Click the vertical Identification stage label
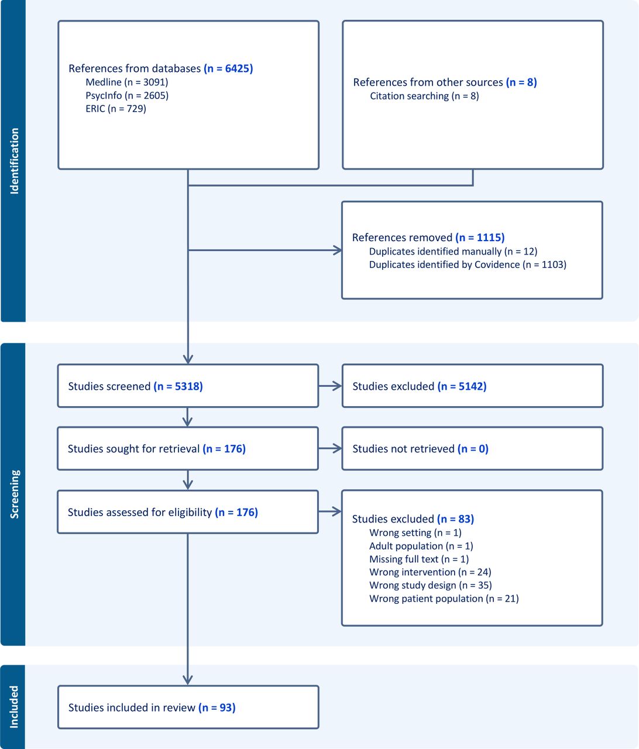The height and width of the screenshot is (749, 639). click(x=14, y=162)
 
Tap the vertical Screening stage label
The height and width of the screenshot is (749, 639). click(x=14, y=494)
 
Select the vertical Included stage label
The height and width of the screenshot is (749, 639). click(x=14, y=707)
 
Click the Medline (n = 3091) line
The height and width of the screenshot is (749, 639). click(x=127, y=83)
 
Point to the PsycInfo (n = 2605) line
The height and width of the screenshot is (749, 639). click(x=127, y=95)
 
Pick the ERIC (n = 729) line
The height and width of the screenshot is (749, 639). click(x=116, y=109)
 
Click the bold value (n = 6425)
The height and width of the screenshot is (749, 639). click(x=228, y=68)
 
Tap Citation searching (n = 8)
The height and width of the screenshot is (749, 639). click(x=424, y=96)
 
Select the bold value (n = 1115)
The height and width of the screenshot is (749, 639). click(x=480, y=238)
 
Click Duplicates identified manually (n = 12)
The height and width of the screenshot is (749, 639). click(x=453, y=252)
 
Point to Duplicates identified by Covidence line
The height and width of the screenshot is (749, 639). click(x=468, y=264)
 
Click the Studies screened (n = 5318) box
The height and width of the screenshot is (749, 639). click(x=188, y=386)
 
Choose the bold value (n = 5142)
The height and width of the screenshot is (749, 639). click(x=462, y=386)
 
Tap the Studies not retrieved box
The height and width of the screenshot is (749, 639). click(x=473, y=449)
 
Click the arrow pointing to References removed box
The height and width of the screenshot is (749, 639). click(x=265, y=250)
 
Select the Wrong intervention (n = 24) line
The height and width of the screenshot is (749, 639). click(x=430, y=572)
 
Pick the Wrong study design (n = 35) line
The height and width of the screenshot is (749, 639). click(x=431, y=585)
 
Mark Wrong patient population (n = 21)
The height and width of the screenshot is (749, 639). click(x=444, y=599)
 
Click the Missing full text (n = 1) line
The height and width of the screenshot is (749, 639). click(x=419, y=559)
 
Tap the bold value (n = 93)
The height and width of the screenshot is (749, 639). click(x=217, y=707)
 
